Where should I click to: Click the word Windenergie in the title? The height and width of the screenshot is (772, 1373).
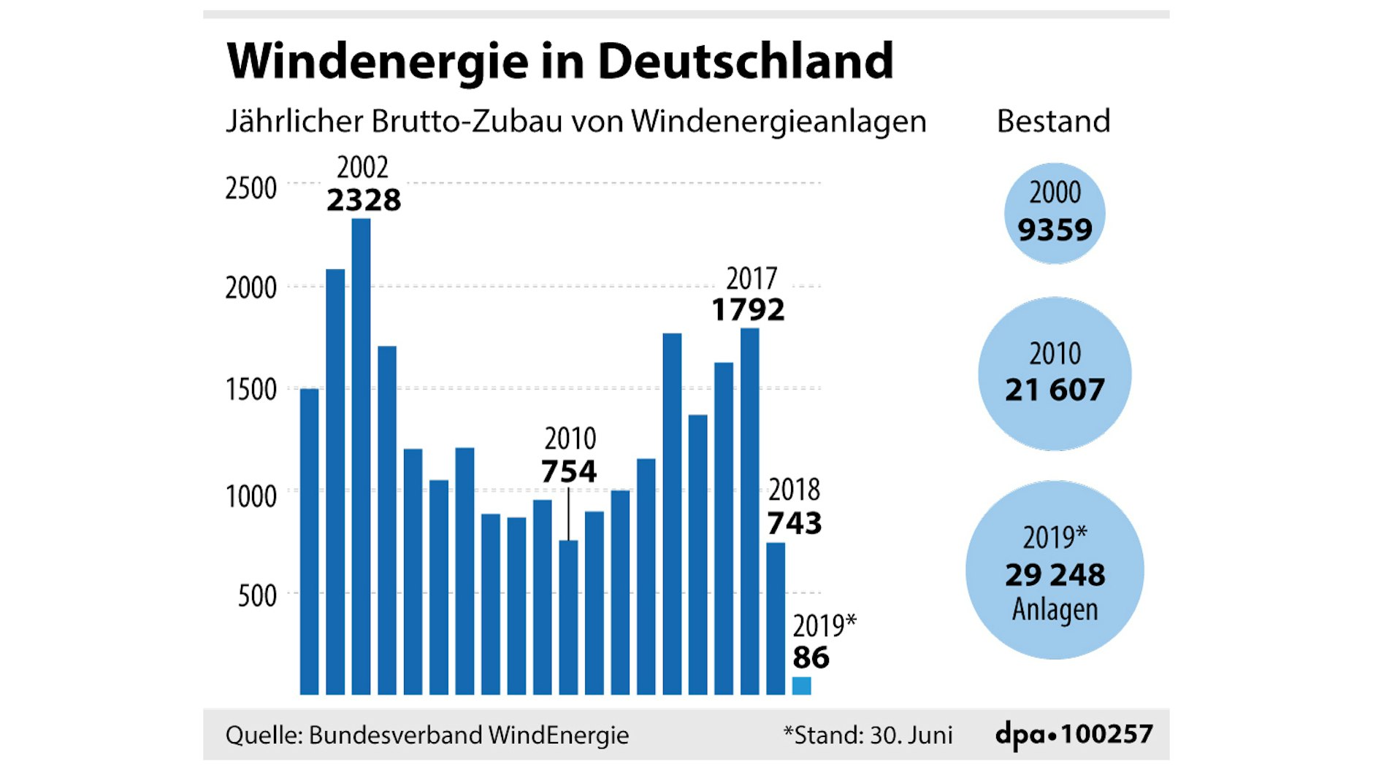pyautogui.click(x=377, y=61)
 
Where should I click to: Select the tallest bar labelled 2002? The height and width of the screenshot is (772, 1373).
pyautogui.click(x=361, y=456)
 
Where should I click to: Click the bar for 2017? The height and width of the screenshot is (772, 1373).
pyautogui.click(x=749, y=511)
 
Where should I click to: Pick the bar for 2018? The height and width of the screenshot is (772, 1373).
pyautogui.click(x=776, y=618)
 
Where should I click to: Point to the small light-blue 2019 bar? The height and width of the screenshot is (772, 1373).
pyautogui.click(x=801, y=686)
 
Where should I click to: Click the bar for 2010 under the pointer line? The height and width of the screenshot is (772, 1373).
pyautogui.click(x=568, y=617)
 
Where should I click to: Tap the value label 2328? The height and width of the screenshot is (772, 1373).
pyautogui.click(x=364, y=200)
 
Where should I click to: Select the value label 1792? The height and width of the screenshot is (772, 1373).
pyautogui.click(x=748, y=310)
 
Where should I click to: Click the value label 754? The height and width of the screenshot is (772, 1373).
pyautogui.click(x=568, y=471)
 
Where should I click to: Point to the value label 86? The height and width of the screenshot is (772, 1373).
pyautogui.click(x=811, y=657)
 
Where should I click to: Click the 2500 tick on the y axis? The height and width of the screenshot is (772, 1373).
pyautogui.click(x=250, y=188)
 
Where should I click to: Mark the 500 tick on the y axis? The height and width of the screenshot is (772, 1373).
pyautogui.click(x=257, y=596)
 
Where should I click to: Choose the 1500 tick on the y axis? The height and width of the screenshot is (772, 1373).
pyautogui.click(x=250, y=390)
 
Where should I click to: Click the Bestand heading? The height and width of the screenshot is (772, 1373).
pyautogui.click(x=1053, y=121)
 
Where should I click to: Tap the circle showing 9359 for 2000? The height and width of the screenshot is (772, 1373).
pyautogui.click(x=1055, y=213)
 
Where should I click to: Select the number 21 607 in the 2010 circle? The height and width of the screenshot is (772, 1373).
pyautogui.click(x=1055, y=390)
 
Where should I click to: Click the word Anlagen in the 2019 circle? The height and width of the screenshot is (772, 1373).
pyautogui.click(x=1055, y=609)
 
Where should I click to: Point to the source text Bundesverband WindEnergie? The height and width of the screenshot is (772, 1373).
pyautogui.click(x=468, y=735)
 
